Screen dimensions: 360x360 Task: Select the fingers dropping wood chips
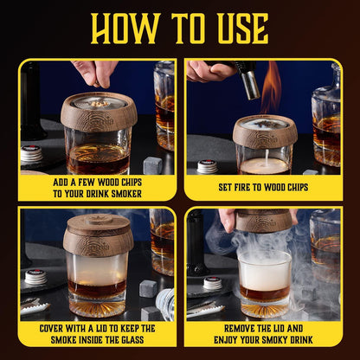point(96,71)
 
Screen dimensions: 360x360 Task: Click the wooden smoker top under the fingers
point(99,111)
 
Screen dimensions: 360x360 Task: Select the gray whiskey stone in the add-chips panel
point(151,164)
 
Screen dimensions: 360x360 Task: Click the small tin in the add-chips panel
point(32,154)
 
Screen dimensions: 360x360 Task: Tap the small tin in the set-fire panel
point(207,165)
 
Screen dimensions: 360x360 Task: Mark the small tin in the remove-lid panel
point(212,283)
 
